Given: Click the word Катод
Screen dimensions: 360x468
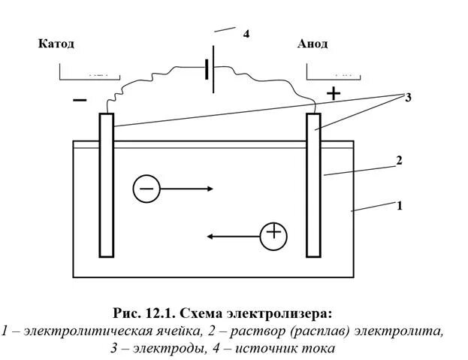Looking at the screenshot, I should pos(56,44).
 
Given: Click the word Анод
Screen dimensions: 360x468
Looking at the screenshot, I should pos(312,44).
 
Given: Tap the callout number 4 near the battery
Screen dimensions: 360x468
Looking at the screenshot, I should pos(246,35).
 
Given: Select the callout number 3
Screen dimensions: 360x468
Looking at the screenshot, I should pos(408,98).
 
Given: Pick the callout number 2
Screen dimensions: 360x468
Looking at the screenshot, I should pos(400,160).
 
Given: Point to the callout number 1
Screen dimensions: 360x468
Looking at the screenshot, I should pos(400,204).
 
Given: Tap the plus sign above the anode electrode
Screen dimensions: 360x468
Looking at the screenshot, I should pos(333,93).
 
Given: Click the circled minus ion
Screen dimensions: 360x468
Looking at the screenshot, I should pos(146,189).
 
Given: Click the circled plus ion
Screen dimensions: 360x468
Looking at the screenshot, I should pos(274,235).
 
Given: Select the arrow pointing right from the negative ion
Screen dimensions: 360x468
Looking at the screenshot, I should pos(188,189).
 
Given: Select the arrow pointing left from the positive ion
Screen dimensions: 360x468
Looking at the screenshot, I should pos(233,236).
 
